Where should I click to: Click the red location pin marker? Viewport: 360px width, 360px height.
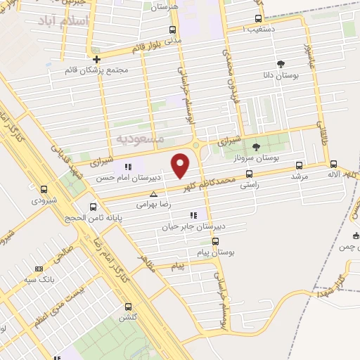(x=181, y=165)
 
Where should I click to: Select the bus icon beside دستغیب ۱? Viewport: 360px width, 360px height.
(x=259, y=19)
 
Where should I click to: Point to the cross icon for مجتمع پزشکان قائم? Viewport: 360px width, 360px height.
(x=96, y=58)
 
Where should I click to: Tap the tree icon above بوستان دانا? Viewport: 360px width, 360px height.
(x=282, y=63)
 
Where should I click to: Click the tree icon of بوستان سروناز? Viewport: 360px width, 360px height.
(x=255, y=147)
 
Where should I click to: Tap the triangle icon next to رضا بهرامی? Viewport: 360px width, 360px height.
(x=154, y=192)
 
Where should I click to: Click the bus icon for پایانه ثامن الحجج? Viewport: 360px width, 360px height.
(x=94, y=207)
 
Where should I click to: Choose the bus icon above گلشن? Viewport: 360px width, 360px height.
(x=128, y=307)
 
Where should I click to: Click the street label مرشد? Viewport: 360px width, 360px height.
(x=300, y=176)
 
